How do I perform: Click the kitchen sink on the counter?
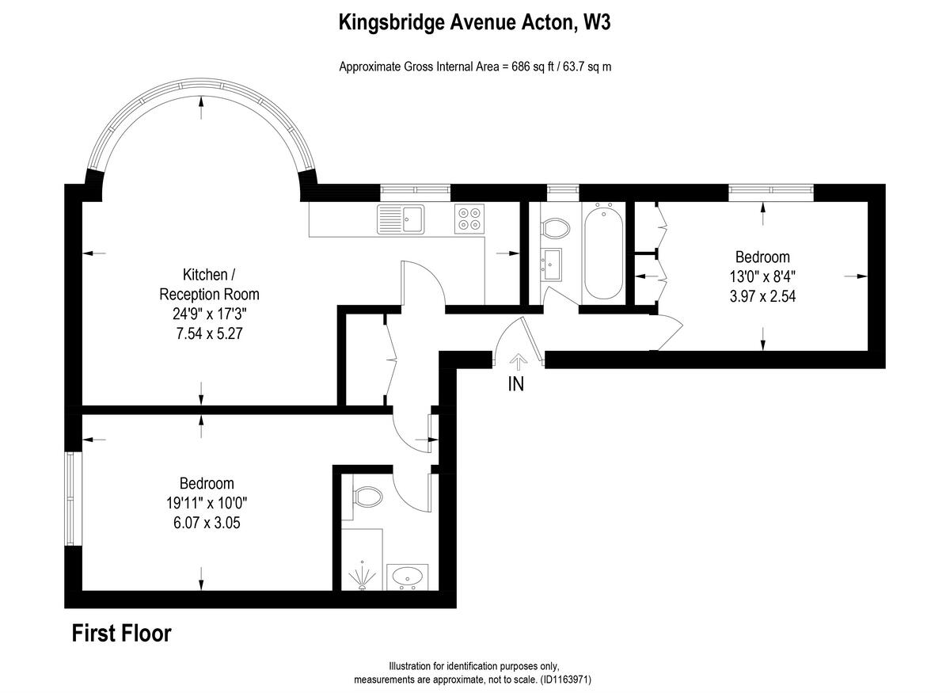[x=401, y=218]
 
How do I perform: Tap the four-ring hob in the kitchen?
[x=469, y=218]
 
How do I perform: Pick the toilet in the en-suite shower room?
[x=367, y=497]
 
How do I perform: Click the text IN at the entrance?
[x=516, y=385]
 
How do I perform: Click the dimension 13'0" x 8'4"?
[x=762, y=277]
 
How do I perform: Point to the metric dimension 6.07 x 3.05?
[x=207, y=523]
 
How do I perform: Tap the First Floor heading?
[x=121, y=634]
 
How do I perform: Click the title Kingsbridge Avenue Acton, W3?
[x=474, y=23]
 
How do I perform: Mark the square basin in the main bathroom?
[x=552, y=263]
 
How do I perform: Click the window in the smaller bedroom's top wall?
[x=771, y=190]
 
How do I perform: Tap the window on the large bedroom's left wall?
[x=72, y=499]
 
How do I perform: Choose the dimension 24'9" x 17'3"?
[x=209, y=314]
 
